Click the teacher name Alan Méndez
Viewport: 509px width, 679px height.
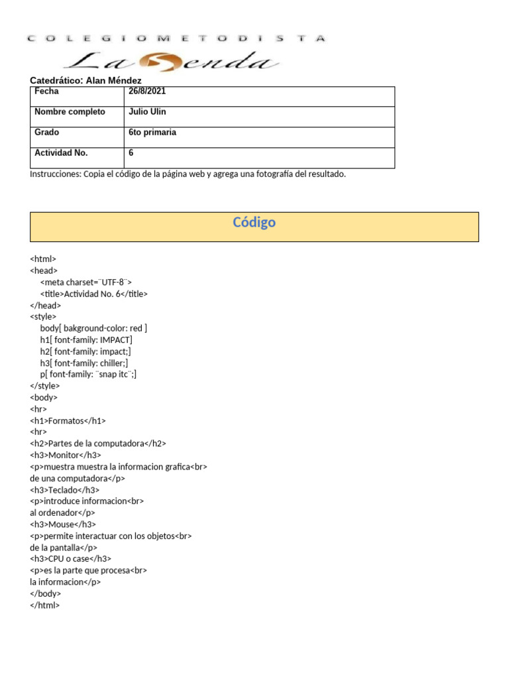click(113, 80)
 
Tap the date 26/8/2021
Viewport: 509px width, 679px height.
click(147, 92)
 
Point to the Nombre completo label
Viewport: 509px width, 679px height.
click(70, 112)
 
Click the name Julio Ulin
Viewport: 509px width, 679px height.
click(147, 112)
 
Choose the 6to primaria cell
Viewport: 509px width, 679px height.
click(152, 133)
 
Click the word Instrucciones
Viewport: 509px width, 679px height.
click(55, 174)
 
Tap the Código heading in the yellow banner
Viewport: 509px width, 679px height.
click(254, 223)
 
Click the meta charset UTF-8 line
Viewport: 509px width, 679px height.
click(85, 282)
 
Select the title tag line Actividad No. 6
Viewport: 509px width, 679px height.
click(93, 294)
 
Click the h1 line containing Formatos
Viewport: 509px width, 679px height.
click(68, 420)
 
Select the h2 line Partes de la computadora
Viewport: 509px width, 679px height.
click(98, 444)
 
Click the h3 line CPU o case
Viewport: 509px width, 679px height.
click(70, 559)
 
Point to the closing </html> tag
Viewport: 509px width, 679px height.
click(45, 605)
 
